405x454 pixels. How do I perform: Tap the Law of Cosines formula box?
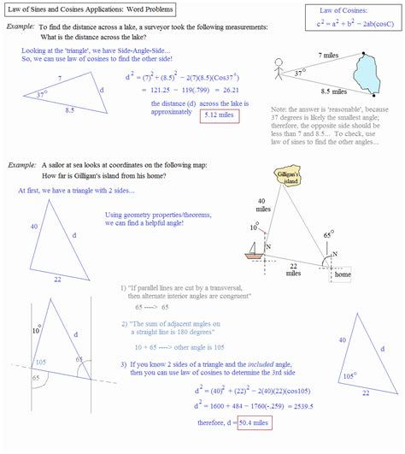(x=349, y=18)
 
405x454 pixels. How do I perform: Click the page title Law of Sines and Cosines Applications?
(x=89, y=9)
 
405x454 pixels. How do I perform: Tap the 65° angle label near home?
(x=329, y=233)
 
